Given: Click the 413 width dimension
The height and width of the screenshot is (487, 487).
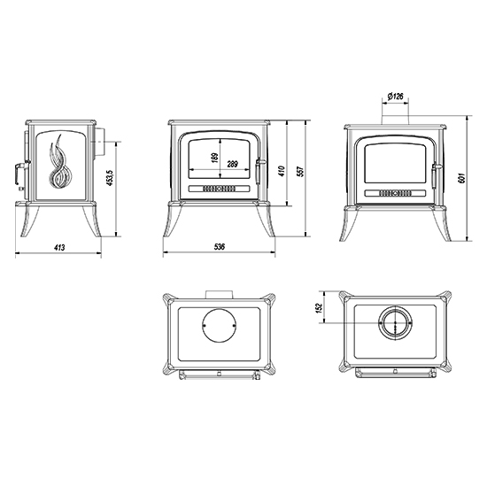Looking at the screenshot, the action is pos(59,248).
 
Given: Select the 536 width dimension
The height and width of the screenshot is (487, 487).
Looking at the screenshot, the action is pos(220,247).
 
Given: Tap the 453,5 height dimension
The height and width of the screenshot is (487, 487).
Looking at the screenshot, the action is pos(109,178).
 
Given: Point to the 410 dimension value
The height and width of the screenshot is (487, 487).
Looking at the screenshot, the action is pos(282,171).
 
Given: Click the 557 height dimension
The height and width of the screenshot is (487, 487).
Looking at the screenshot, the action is pos(300,172).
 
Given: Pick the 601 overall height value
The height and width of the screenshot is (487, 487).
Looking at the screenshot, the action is pos(462,178).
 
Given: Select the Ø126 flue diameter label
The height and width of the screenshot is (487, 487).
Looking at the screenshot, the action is pos(396,97).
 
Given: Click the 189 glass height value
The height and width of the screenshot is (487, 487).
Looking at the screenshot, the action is pos(214,157).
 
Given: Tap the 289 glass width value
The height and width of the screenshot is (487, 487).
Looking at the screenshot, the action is pos(232,164).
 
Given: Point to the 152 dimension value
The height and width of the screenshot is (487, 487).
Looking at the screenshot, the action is pos(320,308).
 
